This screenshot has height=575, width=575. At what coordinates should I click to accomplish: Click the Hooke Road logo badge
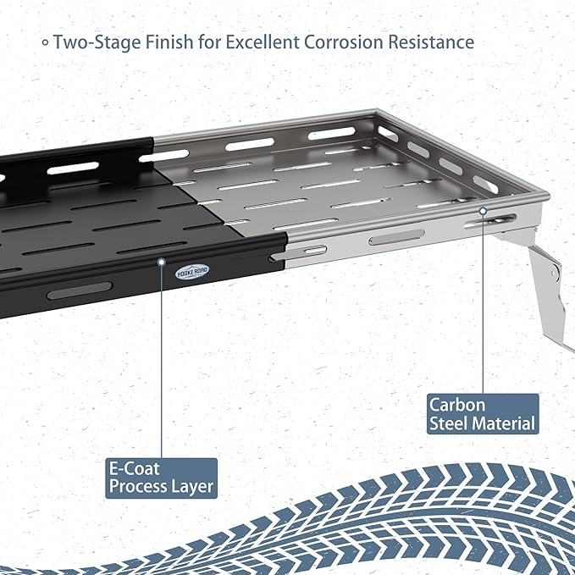click(x=192, y=272)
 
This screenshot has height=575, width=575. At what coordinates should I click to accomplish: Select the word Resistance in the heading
click(x=431, y=41)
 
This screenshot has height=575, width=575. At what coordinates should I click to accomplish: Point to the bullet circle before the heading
click(x=45, y=42)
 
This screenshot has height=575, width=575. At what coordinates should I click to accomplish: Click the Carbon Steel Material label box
click(x=483, y=413)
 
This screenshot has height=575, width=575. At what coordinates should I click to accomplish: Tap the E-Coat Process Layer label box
click(x=162, y=478)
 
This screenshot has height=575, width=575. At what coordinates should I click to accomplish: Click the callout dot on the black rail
click(x=162, y=262)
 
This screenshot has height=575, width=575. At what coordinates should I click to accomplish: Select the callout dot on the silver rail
click(x=484, y=211)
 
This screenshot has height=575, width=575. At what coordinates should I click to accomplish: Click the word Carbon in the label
click(x=457, y=406)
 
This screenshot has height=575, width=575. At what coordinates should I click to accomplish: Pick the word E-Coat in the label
click(x=134, y=468)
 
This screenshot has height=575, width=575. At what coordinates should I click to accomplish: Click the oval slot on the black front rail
click(x=80, y=290)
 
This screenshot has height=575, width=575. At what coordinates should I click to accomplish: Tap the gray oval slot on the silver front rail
click(x=396, y=237)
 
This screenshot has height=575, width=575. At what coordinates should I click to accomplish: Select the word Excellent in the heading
click(x=263, y=41)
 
